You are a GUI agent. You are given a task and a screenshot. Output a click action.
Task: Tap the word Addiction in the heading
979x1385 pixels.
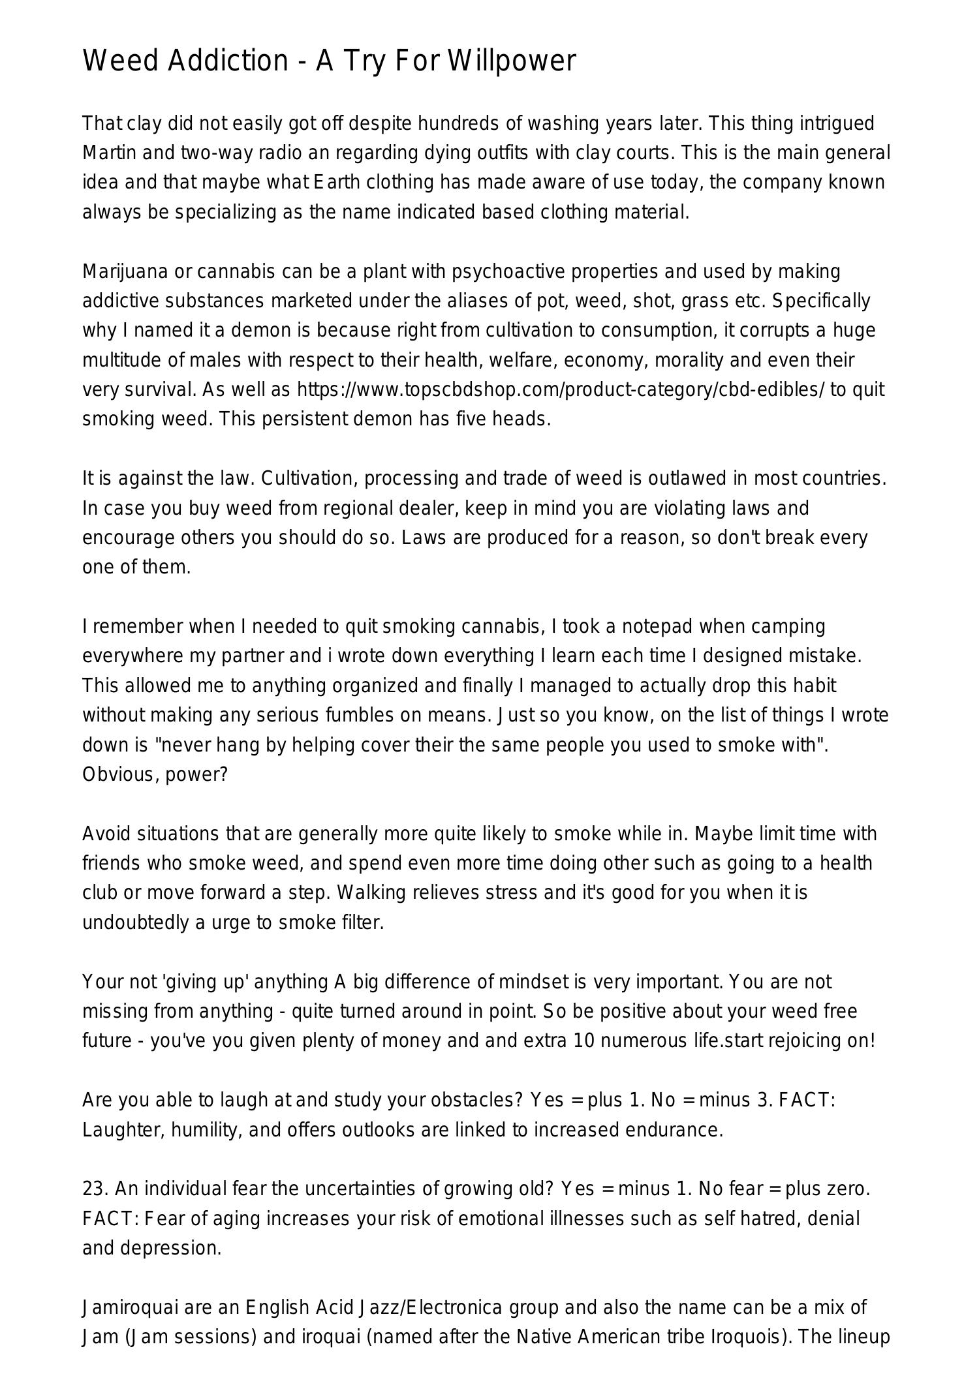click(x=228, y=61)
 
